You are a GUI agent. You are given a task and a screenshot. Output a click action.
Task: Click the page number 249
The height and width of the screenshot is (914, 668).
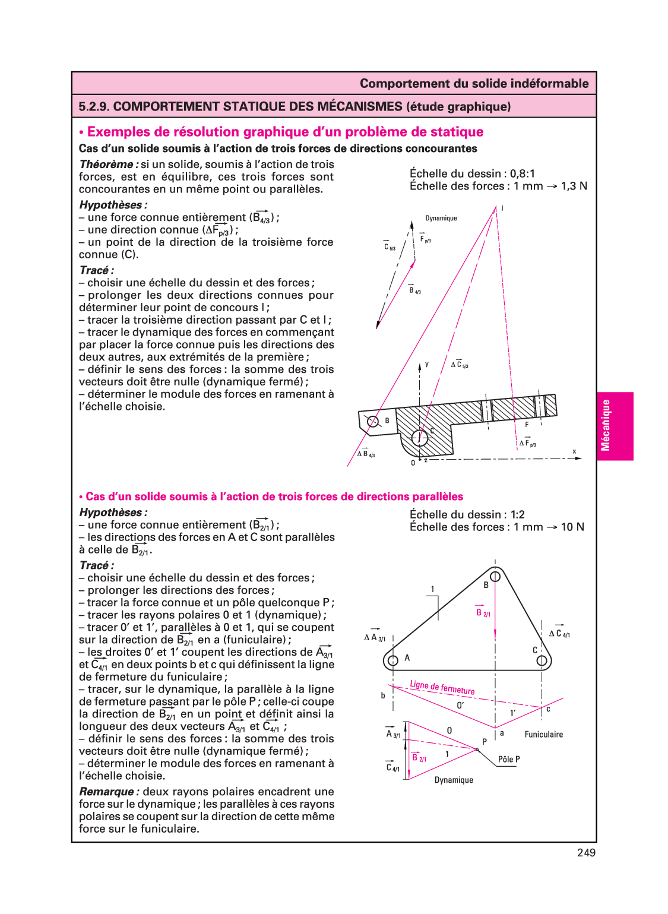[x=585, y=853]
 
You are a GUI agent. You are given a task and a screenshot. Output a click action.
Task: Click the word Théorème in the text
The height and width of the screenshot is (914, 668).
[x=106, y=165]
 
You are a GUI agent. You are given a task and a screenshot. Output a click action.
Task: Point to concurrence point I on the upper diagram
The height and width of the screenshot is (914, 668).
[x=502, y=208]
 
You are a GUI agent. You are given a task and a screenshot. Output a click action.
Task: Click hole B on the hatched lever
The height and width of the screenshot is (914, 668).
[x=373, y=422]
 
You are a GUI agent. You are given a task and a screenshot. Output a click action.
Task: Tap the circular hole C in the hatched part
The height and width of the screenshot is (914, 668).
[x=420, y=438]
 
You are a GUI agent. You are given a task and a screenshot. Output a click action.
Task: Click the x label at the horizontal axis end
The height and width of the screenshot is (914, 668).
[x=574, y=452]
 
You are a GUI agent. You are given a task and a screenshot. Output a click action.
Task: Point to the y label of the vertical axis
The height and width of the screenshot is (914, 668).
[x=426, y=364]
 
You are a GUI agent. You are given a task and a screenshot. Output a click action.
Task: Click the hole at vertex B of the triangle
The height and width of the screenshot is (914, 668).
[x=495, y=576]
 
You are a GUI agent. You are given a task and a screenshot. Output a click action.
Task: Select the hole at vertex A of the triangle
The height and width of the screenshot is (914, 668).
[x=392, y=660]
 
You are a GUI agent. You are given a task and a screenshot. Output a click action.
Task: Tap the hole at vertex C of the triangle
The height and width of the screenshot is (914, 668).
[x=542, y=660]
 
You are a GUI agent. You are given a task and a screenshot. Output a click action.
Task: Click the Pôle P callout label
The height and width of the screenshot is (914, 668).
[x=509, y=760]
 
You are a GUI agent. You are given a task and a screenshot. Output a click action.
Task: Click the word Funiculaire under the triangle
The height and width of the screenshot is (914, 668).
[x=543, y=735]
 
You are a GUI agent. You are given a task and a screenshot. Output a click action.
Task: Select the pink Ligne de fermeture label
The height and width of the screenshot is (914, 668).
[x=442, y=688]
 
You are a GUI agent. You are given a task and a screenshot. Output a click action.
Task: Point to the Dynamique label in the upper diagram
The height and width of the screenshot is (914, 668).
[x=441, y=219]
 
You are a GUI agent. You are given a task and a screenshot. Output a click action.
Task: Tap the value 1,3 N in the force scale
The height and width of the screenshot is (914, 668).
[x=574, y=186]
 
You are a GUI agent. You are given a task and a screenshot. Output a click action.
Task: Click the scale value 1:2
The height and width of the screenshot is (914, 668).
[x=517, y=515]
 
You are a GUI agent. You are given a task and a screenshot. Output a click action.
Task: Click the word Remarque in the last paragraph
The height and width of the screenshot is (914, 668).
[x=107, y=792]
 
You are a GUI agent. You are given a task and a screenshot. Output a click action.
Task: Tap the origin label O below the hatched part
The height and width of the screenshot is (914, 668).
[x=413, y=463]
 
